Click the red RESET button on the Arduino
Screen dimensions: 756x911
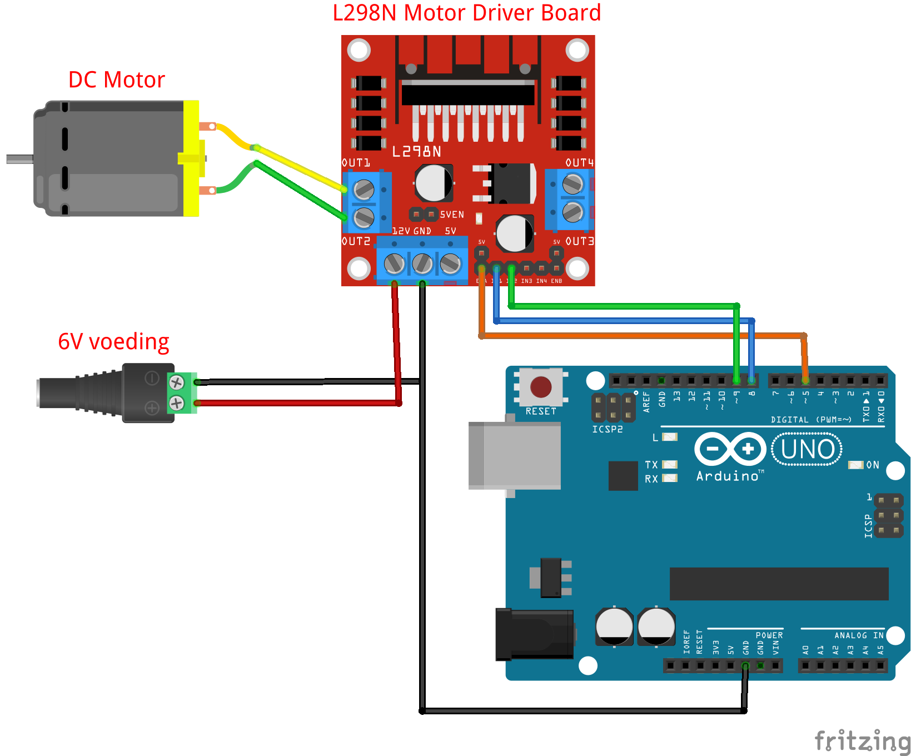coord(540,387)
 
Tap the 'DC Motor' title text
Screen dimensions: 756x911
coord(116,80)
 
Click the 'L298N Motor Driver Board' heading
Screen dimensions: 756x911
coord(466,13)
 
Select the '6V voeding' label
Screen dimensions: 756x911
coord(113,341)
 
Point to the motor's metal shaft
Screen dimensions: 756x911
coord(19,159)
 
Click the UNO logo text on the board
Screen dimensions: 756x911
coord(807,449)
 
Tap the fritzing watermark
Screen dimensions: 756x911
coord(862,741)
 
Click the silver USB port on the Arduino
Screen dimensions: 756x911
coord(514,455)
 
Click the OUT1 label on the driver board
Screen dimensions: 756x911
coord(356,163)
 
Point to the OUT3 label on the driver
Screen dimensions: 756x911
coord(580,241)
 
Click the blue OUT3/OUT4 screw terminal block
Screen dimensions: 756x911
coord(570,198)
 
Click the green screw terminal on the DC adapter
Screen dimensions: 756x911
coord(181,392)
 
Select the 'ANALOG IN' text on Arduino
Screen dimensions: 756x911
coord(859,635)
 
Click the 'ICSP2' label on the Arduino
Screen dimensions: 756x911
coord(607,429)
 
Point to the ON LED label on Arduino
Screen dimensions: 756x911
coord(873,465)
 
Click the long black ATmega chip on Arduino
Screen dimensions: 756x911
coord(779,584)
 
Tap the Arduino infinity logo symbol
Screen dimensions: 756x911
coord(730,449)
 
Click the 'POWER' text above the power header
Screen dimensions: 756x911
coord(769,635)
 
